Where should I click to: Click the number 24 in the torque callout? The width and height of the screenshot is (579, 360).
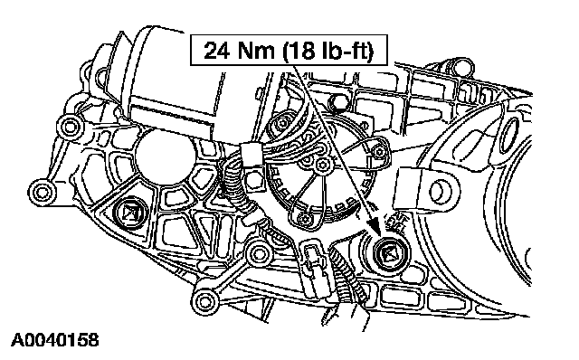217,51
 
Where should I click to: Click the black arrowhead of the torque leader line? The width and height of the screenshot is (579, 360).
375,224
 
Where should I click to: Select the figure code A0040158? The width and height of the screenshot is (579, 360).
55,340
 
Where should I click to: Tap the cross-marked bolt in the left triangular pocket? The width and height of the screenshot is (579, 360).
130,213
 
